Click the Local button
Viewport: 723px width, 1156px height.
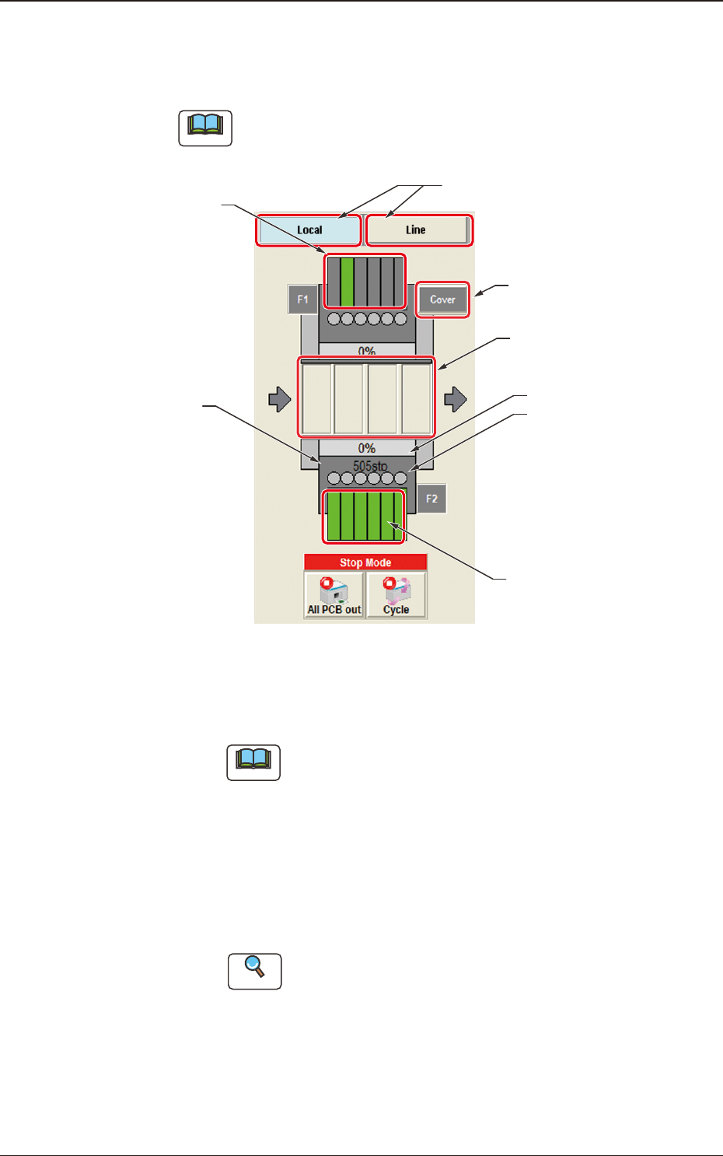click(309, 230)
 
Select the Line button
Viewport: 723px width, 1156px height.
click(417, 230)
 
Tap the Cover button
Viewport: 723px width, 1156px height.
click(442, 300)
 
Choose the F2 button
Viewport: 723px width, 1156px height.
click(431, 499)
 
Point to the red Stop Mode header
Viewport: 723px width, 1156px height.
click(365, 562)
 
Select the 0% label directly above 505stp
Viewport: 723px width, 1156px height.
click(367, 448)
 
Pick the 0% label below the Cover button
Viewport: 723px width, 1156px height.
click(367, 351)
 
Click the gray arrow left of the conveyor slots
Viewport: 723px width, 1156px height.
click(279, 400)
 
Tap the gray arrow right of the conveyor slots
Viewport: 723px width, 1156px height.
click(456, 400)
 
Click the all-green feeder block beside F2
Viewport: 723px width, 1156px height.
click(365, 517)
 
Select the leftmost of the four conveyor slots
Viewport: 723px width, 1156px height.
click(317, 398)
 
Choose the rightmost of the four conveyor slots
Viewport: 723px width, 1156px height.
click(417, 398)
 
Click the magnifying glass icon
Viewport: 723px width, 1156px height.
click(254, 971)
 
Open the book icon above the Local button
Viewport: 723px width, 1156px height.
click(205, 128)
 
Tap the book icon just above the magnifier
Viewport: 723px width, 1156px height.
click(253, 762)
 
